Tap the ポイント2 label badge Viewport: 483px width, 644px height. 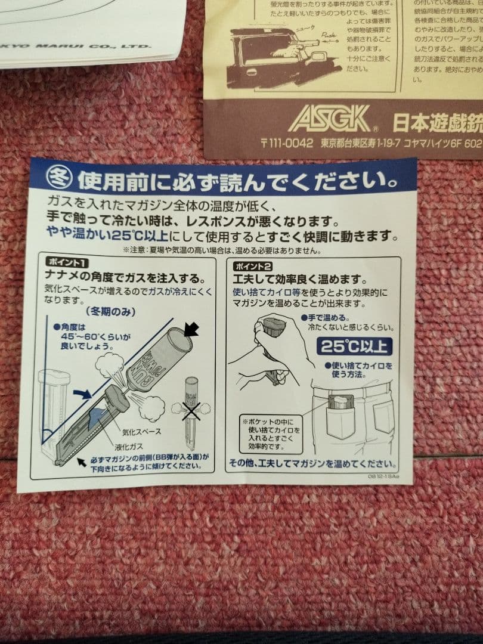pos(253,267)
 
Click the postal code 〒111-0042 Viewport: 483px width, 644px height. pos(287,143)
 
